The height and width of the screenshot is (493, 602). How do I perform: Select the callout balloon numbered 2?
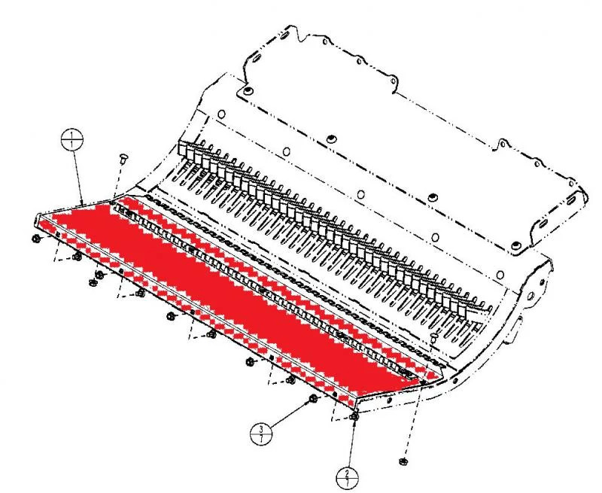tap(347, 477)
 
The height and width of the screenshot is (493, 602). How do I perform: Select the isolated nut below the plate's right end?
tap(403, 461)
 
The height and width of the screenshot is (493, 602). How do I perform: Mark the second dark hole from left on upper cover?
tap(331, 140)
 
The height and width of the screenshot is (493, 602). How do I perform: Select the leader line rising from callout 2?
tap(351, 444)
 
